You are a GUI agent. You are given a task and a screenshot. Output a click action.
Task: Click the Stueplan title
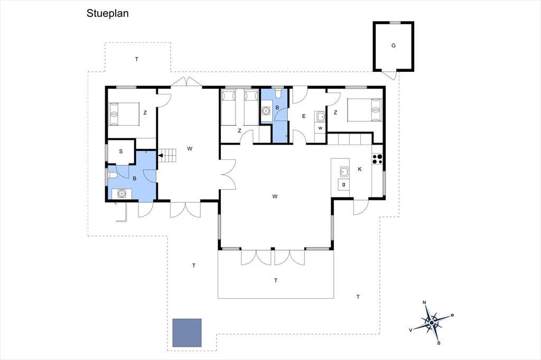click(x=107, y=13)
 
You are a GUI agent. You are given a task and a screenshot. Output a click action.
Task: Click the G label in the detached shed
click(x=393, y=45)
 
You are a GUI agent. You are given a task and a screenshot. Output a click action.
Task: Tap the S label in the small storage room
click(x=121, y=151)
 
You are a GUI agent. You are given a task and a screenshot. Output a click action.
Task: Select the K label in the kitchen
click(x=360, y=169)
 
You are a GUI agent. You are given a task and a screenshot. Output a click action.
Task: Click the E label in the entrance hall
click(x=304, y=116)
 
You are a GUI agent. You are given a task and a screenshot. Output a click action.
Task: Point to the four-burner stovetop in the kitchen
click(x=377, y=158)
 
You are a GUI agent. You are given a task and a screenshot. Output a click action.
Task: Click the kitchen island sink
click(x=344, y=172)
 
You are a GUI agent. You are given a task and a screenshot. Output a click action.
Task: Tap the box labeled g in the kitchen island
click(x=343, y=184)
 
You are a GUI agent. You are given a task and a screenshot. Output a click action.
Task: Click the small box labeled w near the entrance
click(x=320, y=128)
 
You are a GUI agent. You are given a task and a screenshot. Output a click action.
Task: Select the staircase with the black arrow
click(x=167, y=155)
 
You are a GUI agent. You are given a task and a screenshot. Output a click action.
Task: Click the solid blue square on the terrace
click(x=187, y=333)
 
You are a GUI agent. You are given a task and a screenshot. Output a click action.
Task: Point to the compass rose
click(x=432, y=323)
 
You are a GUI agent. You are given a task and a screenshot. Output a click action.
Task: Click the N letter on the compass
click(x=424, y=303)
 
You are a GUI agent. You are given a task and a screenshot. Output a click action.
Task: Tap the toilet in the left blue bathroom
click(x=113, y=175)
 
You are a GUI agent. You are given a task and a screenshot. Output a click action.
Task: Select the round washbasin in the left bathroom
click(x=122, y=194)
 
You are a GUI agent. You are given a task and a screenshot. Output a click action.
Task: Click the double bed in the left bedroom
click(x=124, y=114)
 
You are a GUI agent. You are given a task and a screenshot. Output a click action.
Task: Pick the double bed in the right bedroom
click(x=365, y=110)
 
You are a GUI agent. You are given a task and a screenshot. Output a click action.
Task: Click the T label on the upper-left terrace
click(x=137, y=59)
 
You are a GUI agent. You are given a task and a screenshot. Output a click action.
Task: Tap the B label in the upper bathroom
click(x=277, y=108)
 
